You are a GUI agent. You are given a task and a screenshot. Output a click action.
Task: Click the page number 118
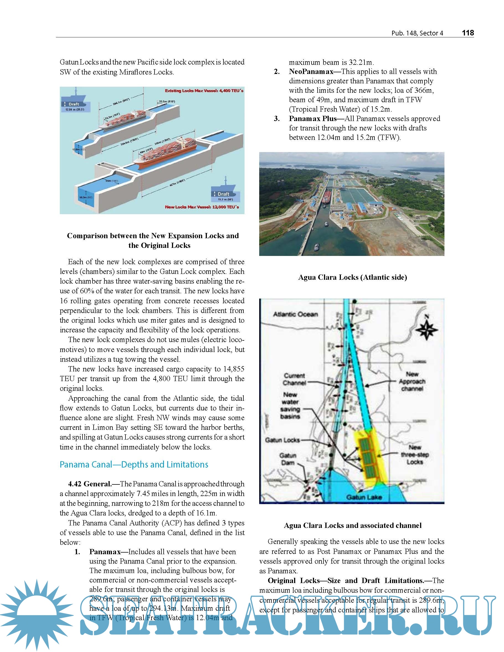pyautogui.click(x=468, y=33)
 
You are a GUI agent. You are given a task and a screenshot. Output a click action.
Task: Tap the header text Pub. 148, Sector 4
pyautogui.click(x=417, y=33)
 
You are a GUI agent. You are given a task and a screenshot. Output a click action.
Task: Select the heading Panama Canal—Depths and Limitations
pyautogui.click(x=134, y=464)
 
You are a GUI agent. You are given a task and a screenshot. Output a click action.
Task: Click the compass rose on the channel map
pyautogui.click(x=427, y=329)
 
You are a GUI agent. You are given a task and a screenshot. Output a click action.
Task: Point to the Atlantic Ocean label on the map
pyautogui.click(x=295, y=314)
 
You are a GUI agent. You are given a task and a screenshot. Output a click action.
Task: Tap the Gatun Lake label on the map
pyautogui.click(x=364, y=497)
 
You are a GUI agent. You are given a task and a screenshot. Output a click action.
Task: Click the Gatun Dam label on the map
pyautogui.click(x=288, y=459)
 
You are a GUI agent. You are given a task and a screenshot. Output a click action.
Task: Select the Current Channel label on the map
pyautogui.click(x=294, y=379)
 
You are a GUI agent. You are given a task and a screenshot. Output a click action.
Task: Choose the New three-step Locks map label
pyautogui.click(x=415, y=455)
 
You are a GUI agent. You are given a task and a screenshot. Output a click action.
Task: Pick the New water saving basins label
pyautogui.click(x=290, y=405)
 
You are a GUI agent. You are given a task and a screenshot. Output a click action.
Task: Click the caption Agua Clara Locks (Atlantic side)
pyautogui.click(x=353, y=277)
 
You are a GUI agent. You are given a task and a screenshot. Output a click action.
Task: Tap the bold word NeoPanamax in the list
pyautogui.click(x=311, y=72)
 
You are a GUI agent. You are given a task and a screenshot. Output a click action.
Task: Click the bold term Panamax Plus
pyautogui.click(x=312, y=119)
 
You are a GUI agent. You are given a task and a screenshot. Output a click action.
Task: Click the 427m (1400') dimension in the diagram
pyautogui.click(x=177, y=183)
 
